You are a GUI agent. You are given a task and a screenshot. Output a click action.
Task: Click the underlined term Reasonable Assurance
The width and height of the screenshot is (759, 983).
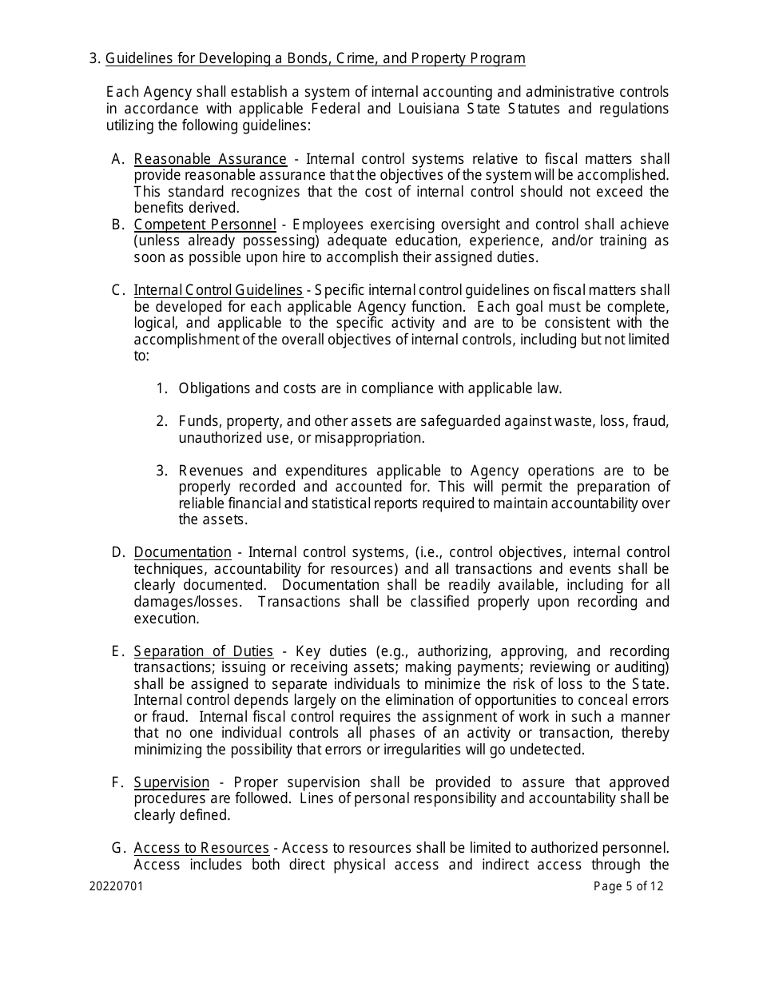click(210, 159)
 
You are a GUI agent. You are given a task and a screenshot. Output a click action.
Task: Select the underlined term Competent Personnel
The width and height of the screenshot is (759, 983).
click(205, 225)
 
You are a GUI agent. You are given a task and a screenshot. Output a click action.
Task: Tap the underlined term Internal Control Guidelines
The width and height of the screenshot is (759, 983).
click(218, 290)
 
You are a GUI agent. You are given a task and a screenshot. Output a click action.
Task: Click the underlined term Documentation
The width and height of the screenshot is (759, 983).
click(182, 552)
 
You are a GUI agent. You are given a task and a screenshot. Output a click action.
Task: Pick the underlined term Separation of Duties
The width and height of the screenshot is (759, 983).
click(203, 651)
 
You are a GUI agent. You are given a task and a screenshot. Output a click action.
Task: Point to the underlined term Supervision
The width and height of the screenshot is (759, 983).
click(171, 782)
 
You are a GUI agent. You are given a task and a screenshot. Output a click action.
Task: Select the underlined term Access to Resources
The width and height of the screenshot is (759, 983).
click(201, 848)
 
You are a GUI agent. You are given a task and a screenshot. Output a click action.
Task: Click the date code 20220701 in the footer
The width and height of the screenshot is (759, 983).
click(117, 886)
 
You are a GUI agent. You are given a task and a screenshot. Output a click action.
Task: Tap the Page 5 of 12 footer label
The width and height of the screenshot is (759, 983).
click(628, 886)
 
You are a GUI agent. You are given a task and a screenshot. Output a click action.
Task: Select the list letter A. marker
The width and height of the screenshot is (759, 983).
click(117, 159)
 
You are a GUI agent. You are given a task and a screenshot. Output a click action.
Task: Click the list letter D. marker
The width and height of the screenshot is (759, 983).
click(117, 552)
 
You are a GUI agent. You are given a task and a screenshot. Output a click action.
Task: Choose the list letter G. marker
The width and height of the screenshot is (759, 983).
click(117, 848)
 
